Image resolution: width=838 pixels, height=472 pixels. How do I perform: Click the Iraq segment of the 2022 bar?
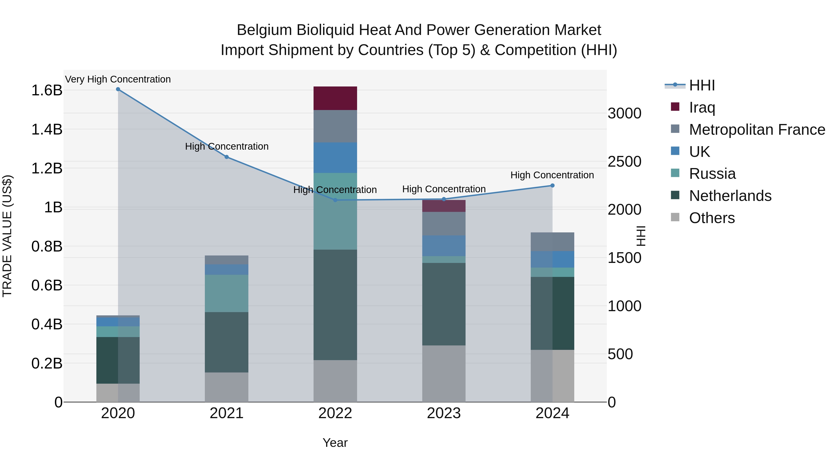[x=335, y=98]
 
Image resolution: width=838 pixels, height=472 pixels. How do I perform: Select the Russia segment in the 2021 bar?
[x=226, y=293]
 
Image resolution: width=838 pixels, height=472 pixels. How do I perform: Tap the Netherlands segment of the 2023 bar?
[x=444, y=304]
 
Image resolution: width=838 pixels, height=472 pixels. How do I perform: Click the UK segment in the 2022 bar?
[x=335, y=157]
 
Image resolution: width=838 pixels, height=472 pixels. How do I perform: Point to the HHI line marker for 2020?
[x=118, y=89]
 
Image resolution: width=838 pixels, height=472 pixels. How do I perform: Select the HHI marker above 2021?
[x=227, y=157]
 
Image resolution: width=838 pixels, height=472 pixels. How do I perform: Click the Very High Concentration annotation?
[x=118, y=79]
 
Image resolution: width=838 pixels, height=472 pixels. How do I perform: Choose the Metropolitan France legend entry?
[x=757, y=130]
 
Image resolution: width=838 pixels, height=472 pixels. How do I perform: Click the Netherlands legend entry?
[x=730, y=196]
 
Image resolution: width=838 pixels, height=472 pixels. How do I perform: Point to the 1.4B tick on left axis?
[x=47, y=129]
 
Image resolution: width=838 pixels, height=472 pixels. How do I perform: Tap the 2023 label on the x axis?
[x=444, y=413]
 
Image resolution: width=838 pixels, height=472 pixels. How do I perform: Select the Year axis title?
[x=335, y=443]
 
